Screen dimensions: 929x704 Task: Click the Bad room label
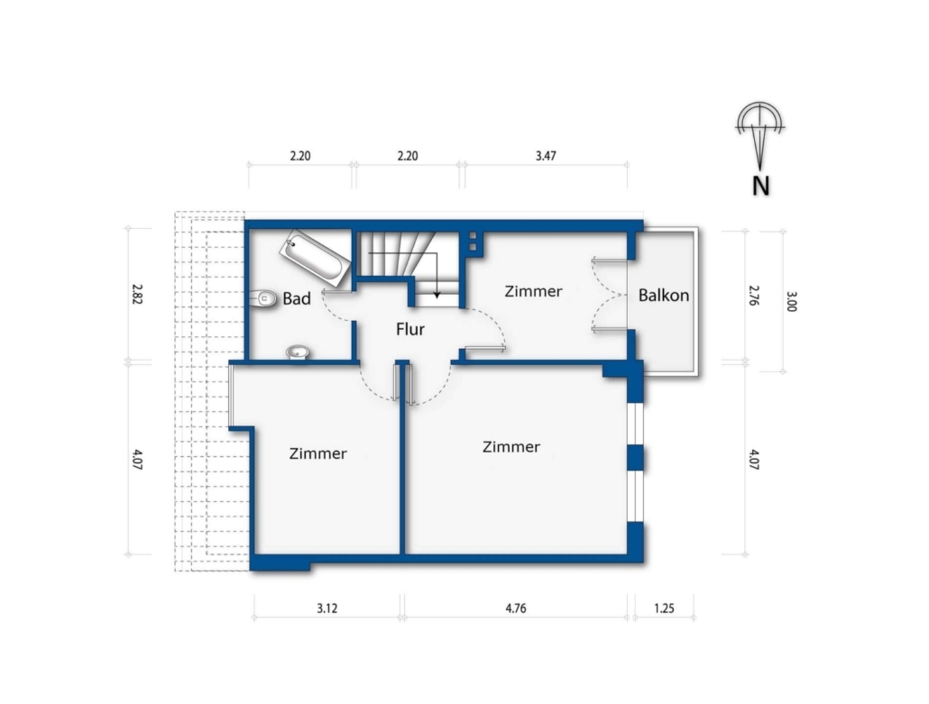coord(296,298)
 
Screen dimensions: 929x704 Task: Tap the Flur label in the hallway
coord(410,329)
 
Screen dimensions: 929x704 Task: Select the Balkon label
coord(664,295)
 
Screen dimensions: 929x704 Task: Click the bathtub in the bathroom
coord(313,258)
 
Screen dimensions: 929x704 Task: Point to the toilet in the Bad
coord(263,298)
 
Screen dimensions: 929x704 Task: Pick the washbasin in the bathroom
coord(298,352)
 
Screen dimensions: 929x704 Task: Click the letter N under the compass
coord(760,186)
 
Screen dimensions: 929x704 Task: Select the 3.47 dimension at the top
coord(546,156)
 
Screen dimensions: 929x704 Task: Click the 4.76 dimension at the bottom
coord(515,608)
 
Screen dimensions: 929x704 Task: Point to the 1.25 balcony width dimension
coord(664,608)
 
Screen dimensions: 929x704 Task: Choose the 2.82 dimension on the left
coord(137,294)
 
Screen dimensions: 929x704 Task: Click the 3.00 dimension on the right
coord(792,301)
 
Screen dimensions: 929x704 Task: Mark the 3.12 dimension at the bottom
coord(327,608)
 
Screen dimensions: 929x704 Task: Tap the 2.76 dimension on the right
coord(754,295)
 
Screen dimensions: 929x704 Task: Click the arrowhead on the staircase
coord(437,294)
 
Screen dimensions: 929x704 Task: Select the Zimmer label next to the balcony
coord(533,291)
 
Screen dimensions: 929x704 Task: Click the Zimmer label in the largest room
coord(511,446)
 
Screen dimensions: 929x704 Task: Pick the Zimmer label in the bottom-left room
coord(318,453)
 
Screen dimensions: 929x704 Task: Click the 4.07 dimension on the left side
coord(137,460)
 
